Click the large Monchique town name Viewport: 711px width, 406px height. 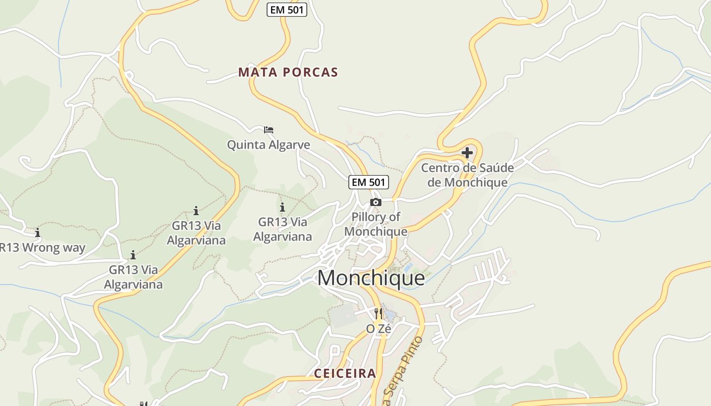click(x=371, y=278)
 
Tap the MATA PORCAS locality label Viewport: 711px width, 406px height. click(x=288, y=72)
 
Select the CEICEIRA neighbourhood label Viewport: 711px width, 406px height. click(x=345, y=374)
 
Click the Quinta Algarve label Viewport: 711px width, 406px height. click(x=268, y=145)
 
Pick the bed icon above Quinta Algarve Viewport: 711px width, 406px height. click(x=269, y=130)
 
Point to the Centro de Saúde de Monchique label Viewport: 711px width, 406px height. click(x=467, y=175)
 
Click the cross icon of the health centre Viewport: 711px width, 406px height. click(x=467, y=152)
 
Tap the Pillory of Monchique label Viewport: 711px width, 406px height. click(x=376, y=224)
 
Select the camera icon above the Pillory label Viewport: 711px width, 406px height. click(x=375, y=202)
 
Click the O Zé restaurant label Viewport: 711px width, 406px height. click(x=379, y=329)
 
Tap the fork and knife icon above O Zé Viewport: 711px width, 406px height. click(x=378, y=313)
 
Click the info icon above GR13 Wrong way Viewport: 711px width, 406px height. click(x=38, y=232)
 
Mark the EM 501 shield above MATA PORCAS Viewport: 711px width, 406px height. click(x=287, y=9)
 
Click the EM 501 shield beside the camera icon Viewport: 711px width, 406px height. click(x=369, y=182)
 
